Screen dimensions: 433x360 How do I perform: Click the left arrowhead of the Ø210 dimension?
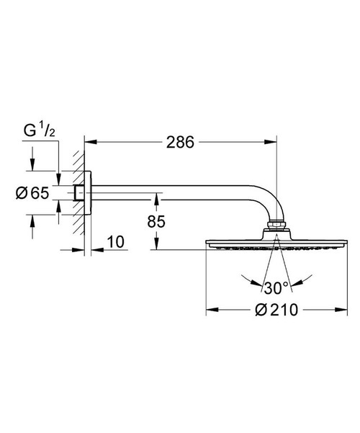click(210, 310)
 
